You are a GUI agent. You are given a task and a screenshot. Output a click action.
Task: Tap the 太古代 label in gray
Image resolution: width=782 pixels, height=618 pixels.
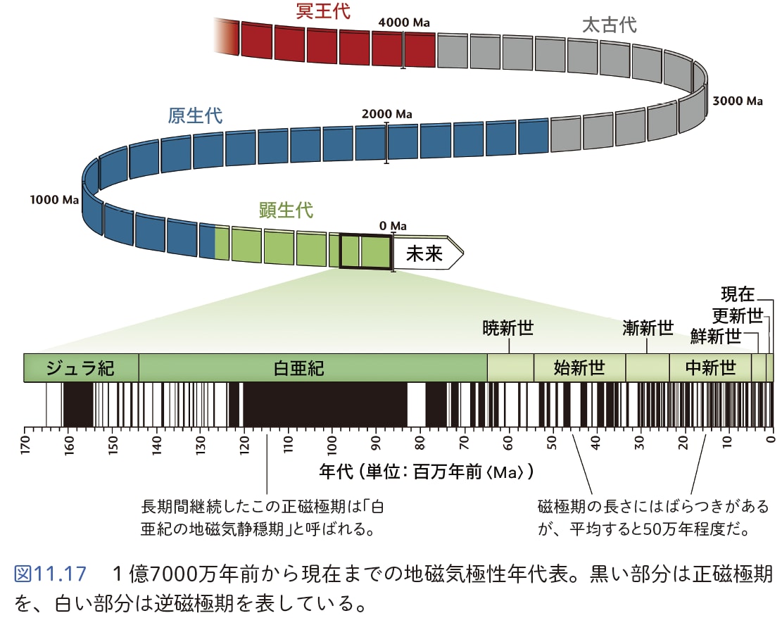(x=609, y=25)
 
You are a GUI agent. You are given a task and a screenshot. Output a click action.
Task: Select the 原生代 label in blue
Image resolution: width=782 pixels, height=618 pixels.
(x=195, y=115)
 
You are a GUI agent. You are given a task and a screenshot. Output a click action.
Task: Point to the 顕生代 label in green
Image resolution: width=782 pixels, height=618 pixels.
(x=286, y=210)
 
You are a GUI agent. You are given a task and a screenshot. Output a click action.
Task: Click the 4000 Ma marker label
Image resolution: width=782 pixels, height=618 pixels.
(x=404, y=23)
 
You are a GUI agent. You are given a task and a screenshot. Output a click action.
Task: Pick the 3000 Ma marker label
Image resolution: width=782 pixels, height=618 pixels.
(x=738, y=101)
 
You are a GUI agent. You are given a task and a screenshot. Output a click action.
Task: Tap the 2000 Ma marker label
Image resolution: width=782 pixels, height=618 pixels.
(x=387, y=114)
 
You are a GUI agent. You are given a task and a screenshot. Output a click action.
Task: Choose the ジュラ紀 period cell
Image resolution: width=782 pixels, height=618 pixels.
(x=81, y=367)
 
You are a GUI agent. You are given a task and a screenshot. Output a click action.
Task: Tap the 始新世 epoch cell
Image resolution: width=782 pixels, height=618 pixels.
(x=579, y=367)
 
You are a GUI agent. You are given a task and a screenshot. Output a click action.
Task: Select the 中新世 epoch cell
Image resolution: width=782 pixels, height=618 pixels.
(x=710, y=367)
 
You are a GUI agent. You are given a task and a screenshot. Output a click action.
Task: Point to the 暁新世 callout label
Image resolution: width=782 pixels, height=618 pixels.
(x=508, y=327)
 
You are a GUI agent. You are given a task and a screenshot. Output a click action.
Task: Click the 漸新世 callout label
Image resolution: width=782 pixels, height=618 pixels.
(x=648, y=327)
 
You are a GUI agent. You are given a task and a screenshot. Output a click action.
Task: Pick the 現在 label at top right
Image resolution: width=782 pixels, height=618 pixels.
(x=738, y=294)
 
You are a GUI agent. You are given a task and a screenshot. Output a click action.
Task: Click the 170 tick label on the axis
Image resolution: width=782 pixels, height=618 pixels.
(x=25, y=445)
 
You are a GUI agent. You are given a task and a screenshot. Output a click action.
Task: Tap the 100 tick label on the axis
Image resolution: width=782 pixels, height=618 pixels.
(x=332, y=445)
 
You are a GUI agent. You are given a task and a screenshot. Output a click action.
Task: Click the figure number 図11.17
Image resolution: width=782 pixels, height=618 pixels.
(x=50, y=574)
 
